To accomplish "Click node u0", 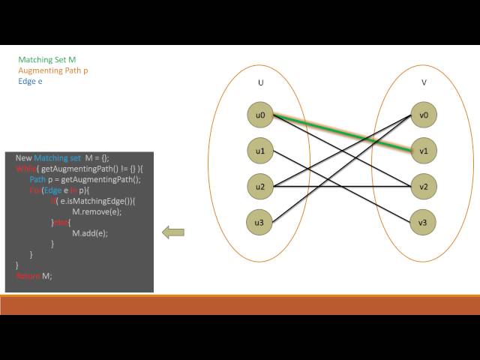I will [x=260, y=115].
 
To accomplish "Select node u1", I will [x=260, y=151].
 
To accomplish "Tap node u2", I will [x=260, y=186].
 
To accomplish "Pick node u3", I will [x=260, y=221].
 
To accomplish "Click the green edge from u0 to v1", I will [x=342, y=133].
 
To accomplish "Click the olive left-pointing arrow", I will [x=173, y=232].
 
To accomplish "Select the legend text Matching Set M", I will [x=46, y=59].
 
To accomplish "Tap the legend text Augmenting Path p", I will [x=53, y=70].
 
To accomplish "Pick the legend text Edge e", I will [x=30, y=80].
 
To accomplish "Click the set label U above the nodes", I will [x=260, y=82].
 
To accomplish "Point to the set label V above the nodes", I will [x=424, y=82].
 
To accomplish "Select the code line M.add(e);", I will [x=89, y=233].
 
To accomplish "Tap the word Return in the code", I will [x=28, y=276].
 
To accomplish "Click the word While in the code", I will [x=25, y=169].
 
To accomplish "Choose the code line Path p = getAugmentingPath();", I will [x=85, y=179].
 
